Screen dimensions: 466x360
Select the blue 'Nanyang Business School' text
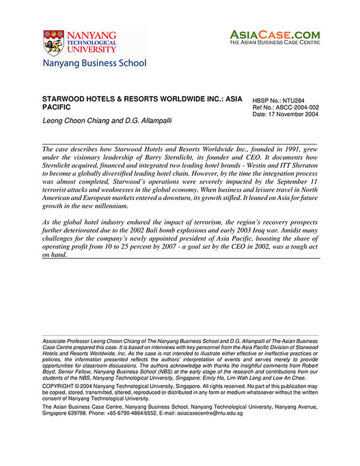coord(94,63)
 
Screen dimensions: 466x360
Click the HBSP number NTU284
coord(291,100)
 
